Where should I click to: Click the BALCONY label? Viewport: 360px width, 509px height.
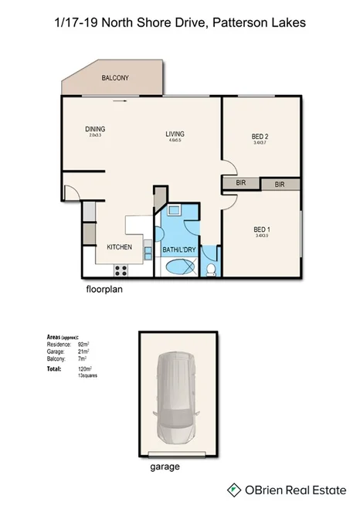click(x=115, y=79)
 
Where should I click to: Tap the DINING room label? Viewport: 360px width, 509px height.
click(x=95, y=129)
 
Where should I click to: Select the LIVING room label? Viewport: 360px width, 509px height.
click(x=175, y=135)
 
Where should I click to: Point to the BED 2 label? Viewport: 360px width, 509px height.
click(x=260, y=137)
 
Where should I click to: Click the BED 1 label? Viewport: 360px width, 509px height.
click(x=261, y=229)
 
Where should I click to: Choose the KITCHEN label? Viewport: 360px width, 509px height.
click(x=119, y=246)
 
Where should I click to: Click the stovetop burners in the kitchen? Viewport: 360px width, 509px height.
click(x=121, y=270)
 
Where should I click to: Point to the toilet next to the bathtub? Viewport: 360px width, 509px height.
click(x=211, y=269)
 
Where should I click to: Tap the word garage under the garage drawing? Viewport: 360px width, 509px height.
click(x=163, y=467)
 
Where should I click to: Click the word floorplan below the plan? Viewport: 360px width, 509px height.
click(x=105, y=292)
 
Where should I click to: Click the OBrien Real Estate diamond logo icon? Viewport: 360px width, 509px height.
click(x=233, y=489)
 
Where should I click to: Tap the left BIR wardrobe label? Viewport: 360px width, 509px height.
click(x=240, y=184)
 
